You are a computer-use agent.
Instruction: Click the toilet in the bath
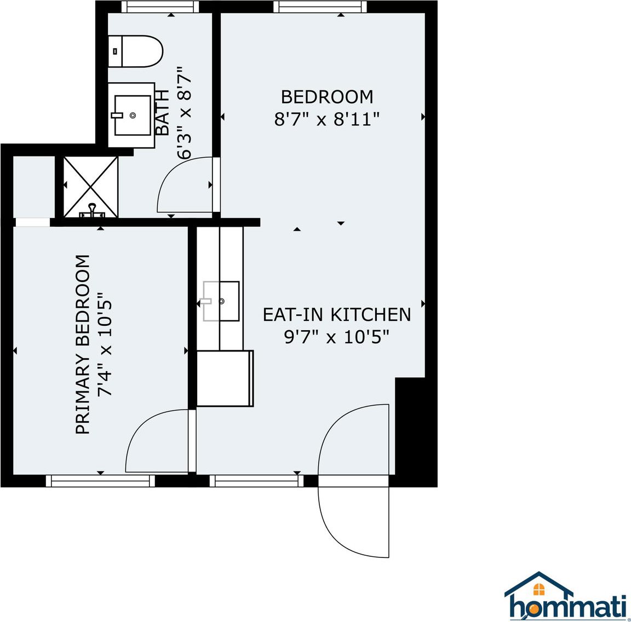pos(136,51)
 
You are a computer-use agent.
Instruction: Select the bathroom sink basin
pos(133,115)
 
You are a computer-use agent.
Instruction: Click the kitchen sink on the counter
pos(221,301)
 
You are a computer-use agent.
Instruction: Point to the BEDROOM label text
pos(327,97)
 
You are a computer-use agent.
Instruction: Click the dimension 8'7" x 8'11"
pos(327,119)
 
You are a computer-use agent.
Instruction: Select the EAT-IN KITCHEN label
pos(337,314)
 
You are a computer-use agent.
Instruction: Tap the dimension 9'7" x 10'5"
pos(337,337)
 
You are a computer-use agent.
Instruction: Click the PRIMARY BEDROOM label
pos(82,345)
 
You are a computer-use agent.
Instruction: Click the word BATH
pos(163,113)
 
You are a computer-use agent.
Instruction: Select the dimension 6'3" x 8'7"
pos(184,113)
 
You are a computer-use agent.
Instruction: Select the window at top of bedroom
pos(319,7)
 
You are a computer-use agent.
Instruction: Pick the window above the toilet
pos(159,7)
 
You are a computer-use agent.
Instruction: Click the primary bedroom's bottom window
pos(100,481)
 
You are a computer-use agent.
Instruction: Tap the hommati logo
pos(566,596)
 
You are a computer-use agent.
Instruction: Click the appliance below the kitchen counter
pos(225,378)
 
